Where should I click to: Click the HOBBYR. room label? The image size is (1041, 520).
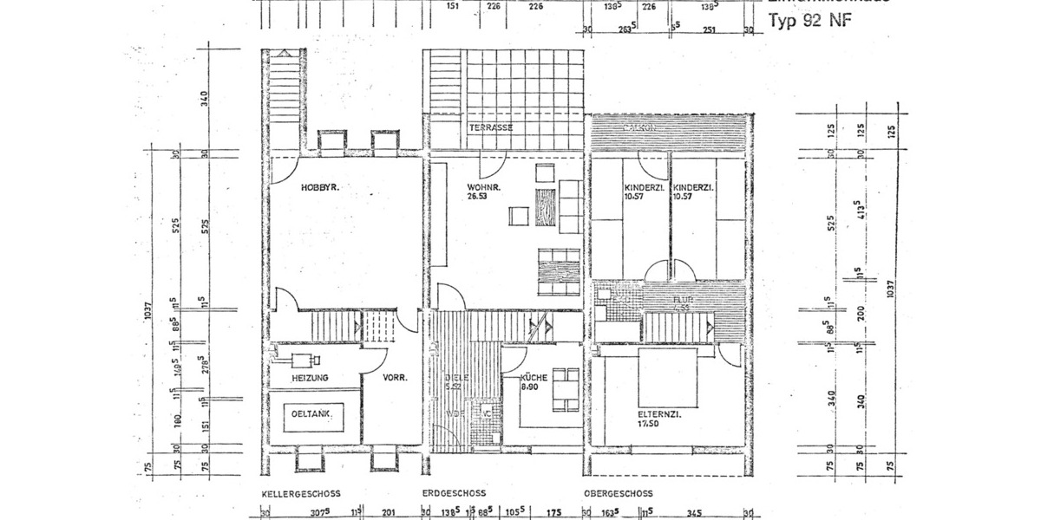318,188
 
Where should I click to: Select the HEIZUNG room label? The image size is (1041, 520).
310,379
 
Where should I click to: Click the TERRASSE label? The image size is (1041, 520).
491,127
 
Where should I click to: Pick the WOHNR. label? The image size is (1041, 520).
481,187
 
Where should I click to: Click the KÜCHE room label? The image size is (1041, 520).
533,379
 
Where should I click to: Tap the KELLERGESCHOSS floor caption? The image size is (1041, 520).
301,493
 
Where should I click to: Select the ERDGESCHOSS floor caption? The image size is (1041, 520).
454,493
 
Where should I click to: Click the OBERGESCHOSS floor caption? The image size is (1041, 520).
618,493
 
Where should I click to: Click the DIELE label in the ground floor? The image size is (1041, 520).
451,379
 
